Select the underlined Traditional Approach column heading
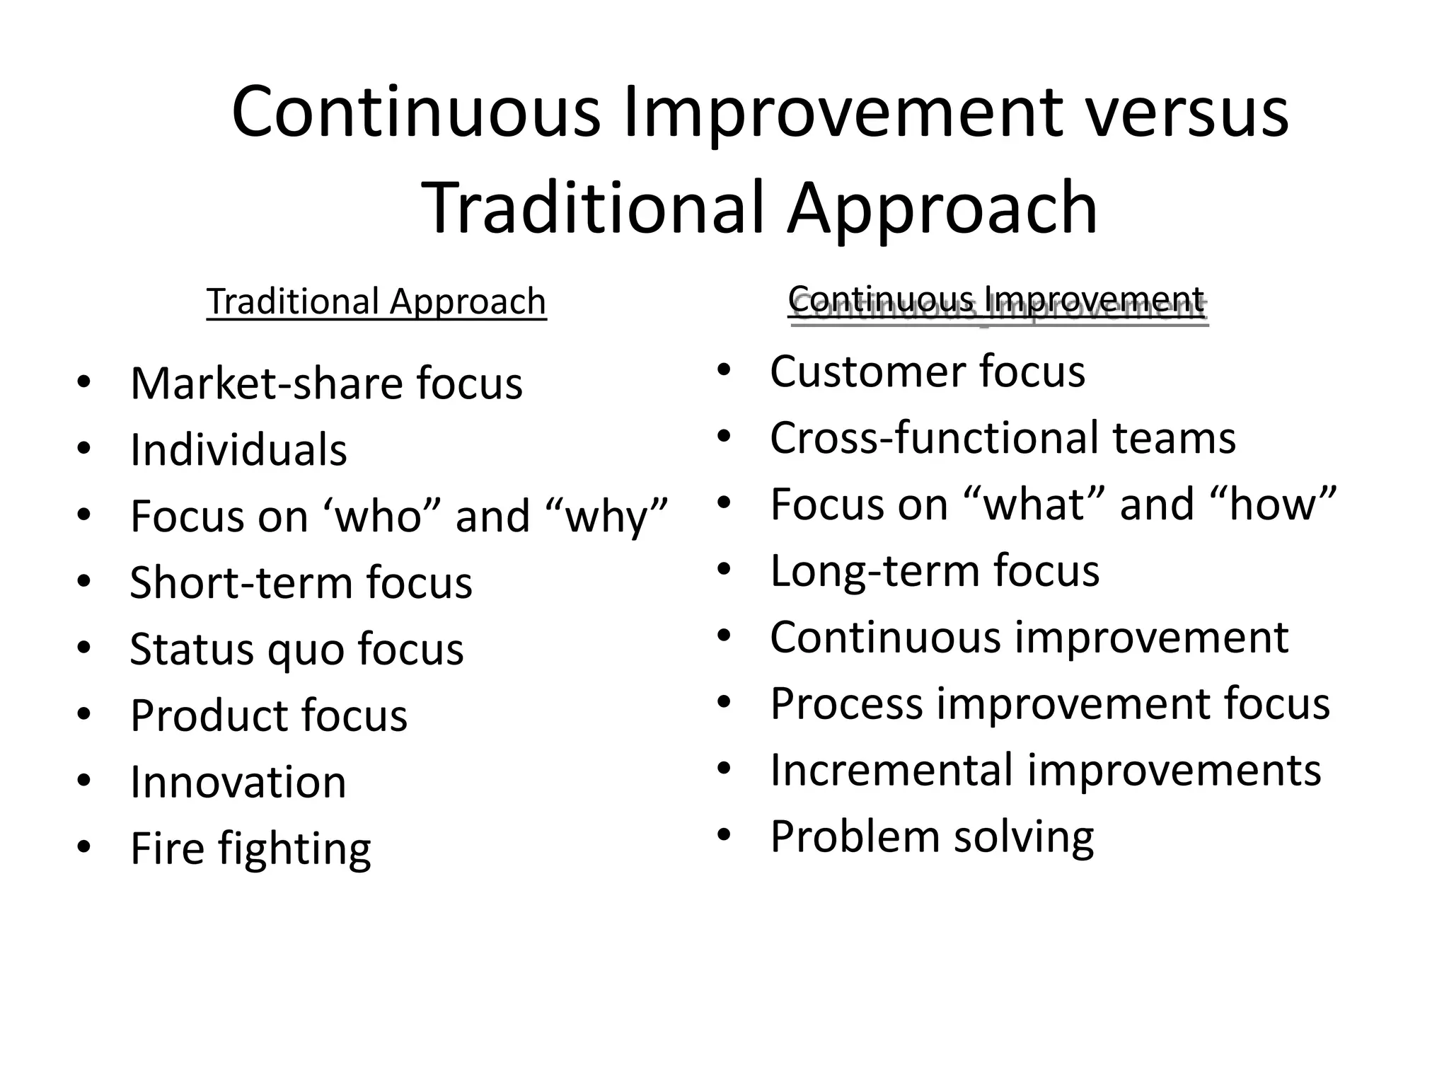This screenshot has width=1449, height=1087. click(x=376, y=302)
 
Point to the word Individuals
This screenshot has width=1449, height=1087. click(x=238, y=451)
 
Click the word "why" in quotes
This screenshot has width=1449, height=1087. click(x=608, y=516)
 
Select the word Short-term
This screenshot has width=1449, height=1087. click(x=240, y=583)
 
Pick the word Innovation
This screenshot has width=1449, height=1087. click(x=238, y=783)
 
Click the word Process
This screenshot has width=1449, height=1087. click(x=846, y=705)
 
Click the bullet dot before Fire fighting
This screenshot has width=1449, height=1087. click(x=84, y=847)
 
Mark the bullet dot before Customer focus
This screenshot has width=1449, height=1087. click(x=723, y=369)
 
